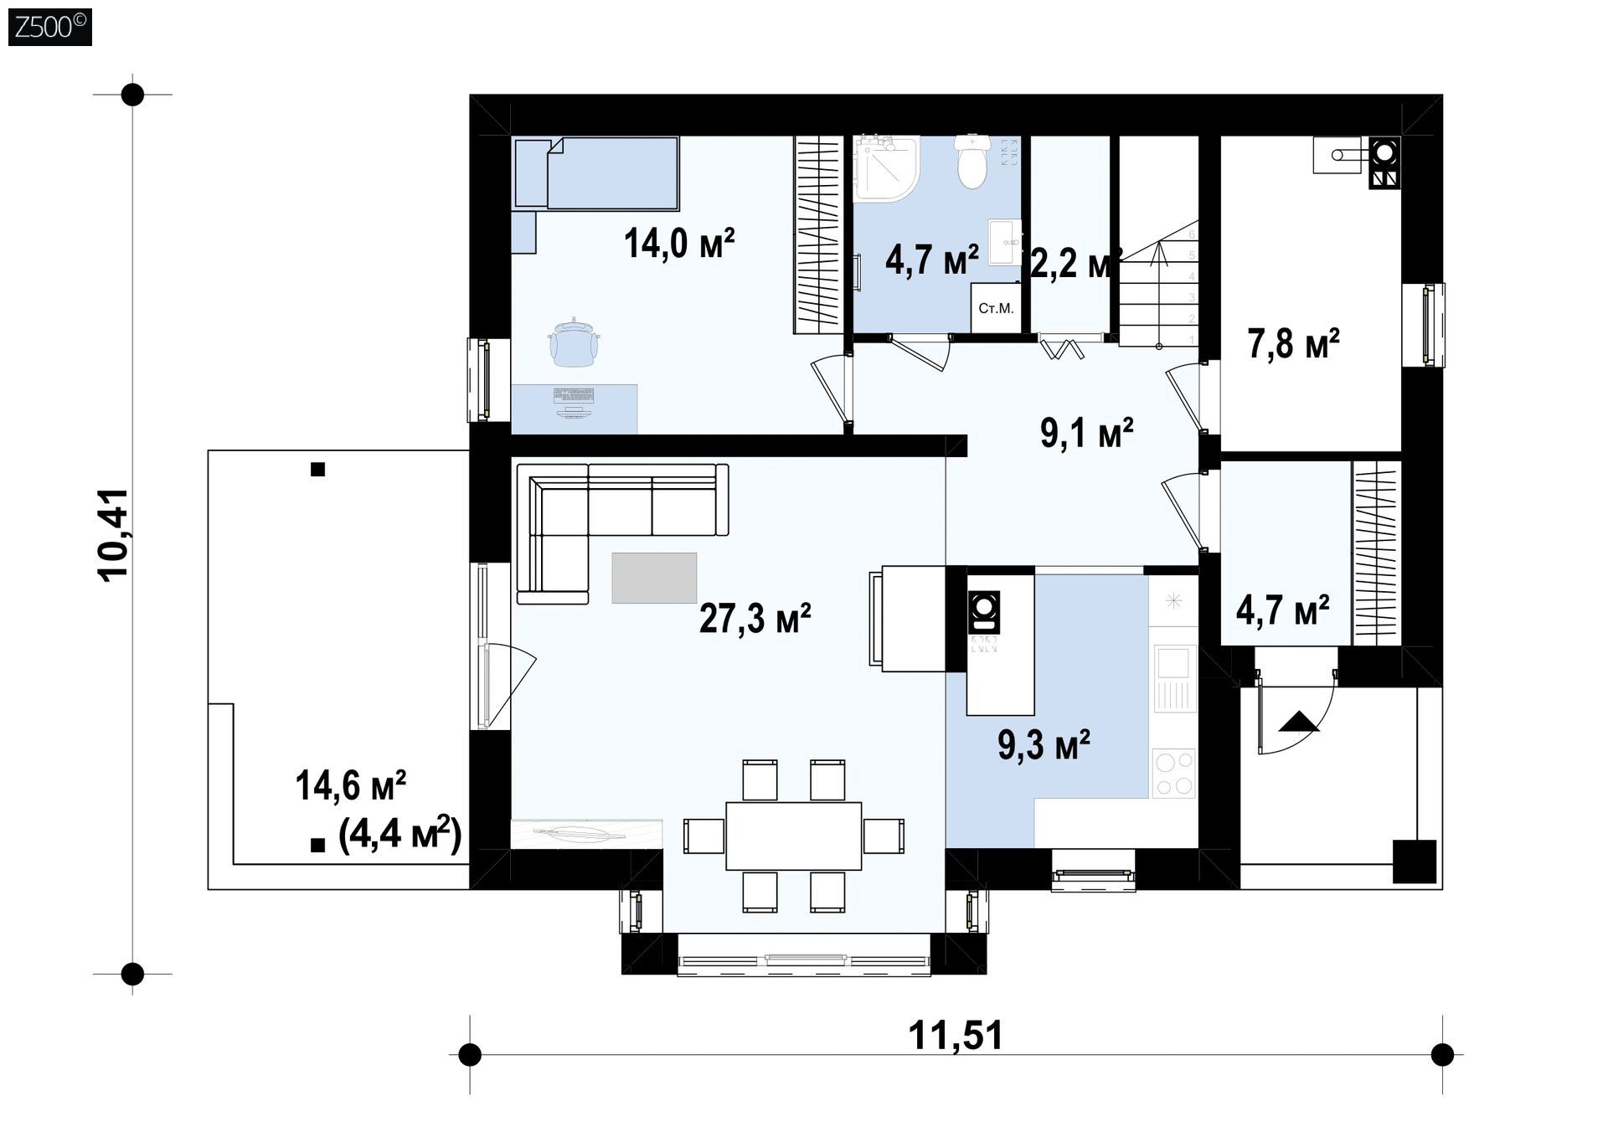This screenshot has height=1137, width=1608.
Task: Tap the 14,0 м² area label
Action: [679, 243]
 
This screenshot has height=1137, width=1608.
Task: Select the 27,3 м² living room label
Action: [755, 619]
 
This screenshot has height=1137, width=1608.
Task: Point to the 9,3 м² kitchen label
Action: [1044, 743]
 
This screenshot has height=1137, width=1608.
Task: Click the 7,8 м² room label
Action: [1293, 343]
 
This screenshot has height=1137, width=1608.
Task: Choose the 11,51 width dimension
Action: [956, 1036]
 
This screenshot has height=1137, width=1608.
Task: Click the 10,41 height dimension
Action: [114, 534]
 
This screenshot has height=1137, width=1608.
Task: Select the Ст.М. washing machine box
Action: [996, 308]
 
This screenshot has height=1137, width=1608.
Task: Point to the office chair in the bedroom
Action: [574, 342]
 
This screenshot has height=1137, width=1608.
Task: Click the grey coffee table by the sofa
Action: [654, 578]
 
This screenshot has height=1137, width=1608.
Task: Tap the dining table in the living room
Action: [793, 836]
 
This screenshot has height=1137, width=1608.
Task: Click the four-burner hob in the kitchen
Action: [1173, 773]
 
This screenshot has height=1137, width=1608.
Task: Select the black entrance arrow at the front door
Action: [1298, 721]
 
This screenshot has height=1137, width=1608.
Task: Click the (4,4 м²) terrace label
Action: [400, 834]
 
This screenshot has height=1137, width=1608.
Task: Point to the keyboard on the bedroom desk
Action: [574, 395]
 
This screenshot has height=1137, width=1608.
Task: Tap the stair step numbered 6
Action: [1192, 235]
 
